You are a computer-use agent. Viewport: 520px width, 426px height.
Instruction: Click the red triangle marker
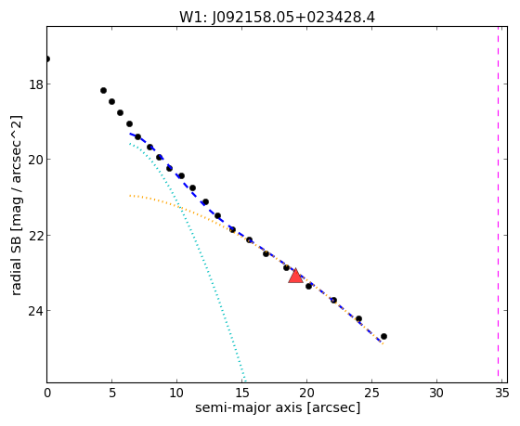click(295, 276)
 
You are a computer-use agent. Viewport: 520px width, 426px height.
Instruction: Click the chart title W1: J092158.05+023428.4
click(278, 18)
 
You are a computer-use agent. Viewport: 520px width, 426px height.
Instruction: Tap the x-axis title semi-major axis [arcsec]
click(278, 407)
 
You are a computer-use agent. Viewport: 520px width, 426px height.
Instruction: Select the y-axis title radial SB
click(17, 263)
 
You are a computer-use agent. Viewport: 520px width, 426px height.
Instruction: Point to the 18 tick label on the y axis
click(36, 84)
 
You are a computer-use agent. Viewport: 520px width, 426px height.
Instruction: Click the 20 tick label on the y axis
click(36, 160)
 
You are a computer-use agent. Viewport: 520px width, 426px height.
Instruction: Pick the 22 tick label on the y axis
click(36, 235)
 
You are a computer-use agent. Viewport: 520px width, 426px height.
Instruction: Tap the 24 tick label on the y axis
click(36, 311)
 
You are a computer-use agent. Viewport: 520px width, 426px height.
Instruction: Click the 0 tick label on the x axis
click(47, 394)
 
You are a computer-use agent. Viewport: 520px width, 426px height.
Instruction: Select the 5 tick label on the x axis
click(112, 394)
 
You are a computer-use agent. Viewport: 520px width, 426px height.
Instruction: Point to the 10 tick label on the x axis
click(176, 394)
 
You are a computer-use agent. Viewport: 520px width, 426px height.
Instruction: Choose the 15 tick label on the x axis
click(241, 394)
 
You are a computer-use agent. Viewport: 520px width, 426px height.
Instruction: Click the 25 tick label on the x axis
click(371, 394)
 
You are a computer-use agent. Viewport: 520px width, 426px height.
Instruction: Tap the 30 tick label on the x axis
click(436, 394)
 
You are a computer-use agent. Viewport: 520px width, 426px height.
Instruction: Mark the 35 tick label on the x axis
click(501, 394)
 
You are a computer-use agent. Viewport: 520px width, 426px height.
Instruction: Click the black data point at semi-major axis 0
click(47, 59)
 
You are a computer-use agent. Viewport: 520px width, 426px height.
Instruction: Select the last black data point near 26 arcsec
click(383, 337)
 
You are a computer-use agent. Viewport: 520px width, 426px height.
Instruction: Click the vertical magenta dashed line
click(498, 201)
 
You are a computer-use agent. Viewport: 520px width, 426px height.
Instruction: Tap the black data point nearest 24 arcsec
click(358, 319)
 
